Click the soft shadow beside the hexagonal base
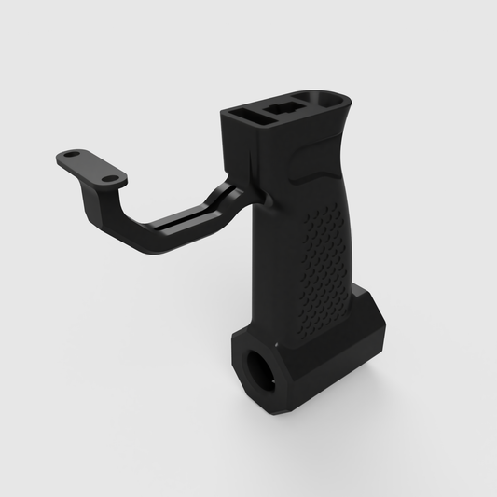click(392, 392)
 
